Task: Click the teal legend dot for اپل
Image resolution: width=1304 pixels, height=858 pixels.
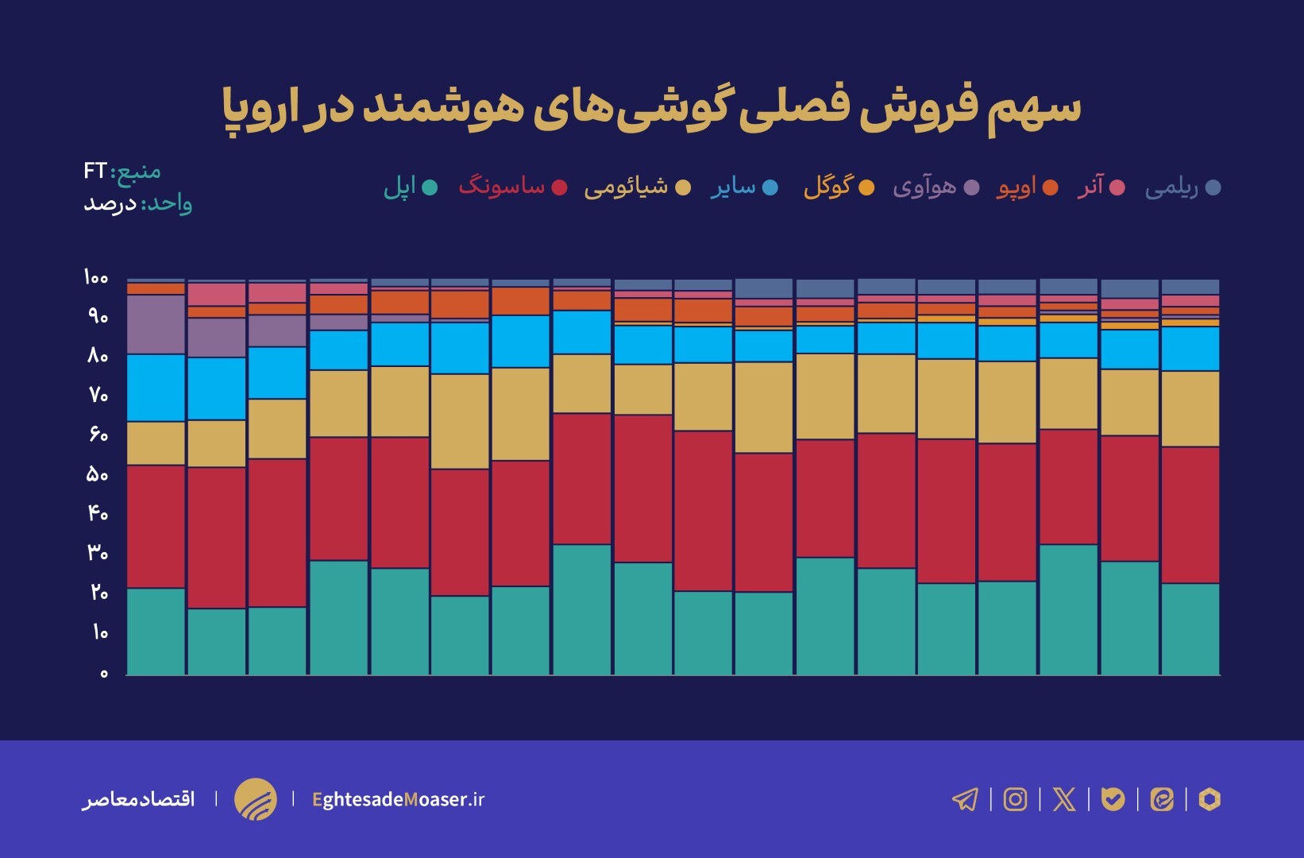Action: [x=430, y=187]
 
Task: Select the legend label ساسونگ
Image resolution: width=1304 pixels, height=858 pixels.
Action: [x=502, y=187]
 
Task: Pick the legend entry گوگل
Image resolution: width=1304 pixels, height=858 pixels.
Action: [x=828, y=187]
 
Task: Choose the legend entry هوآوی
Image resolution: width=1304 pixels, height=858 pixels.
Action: [x=924, y=187]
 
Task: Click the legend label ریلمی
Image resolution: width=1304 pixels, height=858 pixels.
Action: [x=1171, y=187]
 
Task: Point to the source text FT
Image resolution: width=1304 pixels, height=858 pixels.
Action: [x=95, y=171]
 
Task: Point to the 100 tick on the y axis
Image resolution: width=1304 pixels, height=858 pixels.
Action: [x=95, y=277]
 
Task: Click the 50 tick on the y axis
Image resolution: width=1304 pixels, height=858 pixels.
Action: [x=97, y=474]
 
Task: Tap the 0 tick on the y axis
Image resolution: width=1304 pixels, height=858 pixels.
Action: [x=103, y=673]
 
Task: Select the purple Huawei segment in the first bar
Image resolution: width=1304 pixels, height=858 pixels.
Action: [x=156, y=324]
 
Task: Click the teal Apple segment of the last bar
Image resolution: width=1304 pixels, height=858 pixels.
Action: [x=1190, y=629]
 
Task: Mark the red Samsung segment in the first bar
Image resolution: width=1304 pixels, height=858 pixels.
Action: [x=156, y=526]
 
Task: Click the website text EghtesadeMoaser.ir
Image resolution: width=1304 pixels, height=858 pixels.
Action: [x=398, y=799]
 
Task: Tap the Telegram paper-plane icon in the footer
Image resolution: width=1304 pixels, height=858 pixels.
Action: [x=965, y=799]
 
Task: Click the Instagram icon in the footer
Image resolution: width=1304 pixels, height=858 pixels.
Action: [x=1015, y=799]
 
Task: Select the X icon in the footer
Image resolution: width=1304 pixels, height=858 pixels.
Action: [x=1064, y=799]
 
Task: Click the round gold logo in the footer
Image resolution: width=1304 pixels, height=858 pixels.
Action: [x=256, y=799]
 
